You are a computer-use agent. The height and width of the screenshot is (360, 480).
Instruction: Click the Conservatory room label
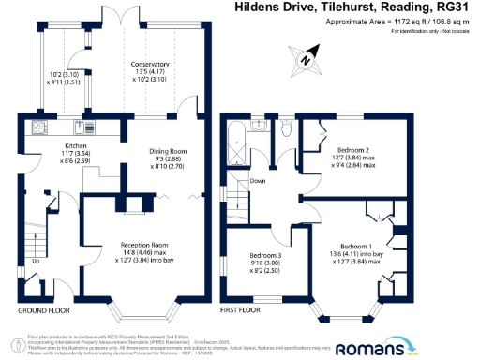153,68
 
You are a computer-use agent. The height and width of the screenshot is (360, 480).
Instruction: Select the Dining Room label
171,152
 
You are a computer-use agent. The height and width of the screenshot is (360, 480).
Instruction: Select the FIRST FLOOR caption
241,308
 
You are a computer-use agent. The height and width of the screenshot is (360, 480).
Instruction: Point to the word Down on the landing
257,182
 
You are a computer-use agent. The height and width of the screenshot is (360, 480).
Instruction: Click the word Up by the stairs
36,262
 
